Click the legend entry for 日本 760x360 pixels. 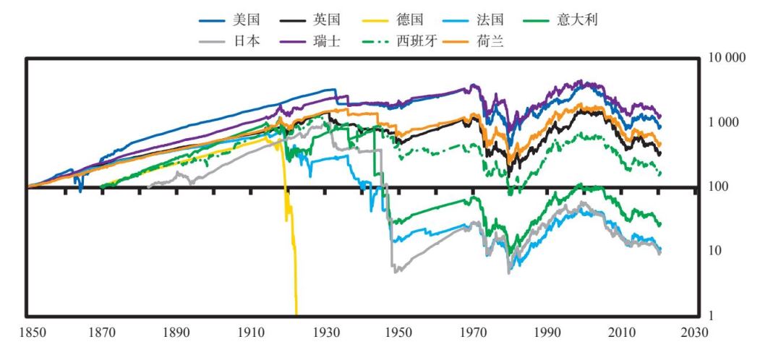pyautogui.click(x=234, y=42)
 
